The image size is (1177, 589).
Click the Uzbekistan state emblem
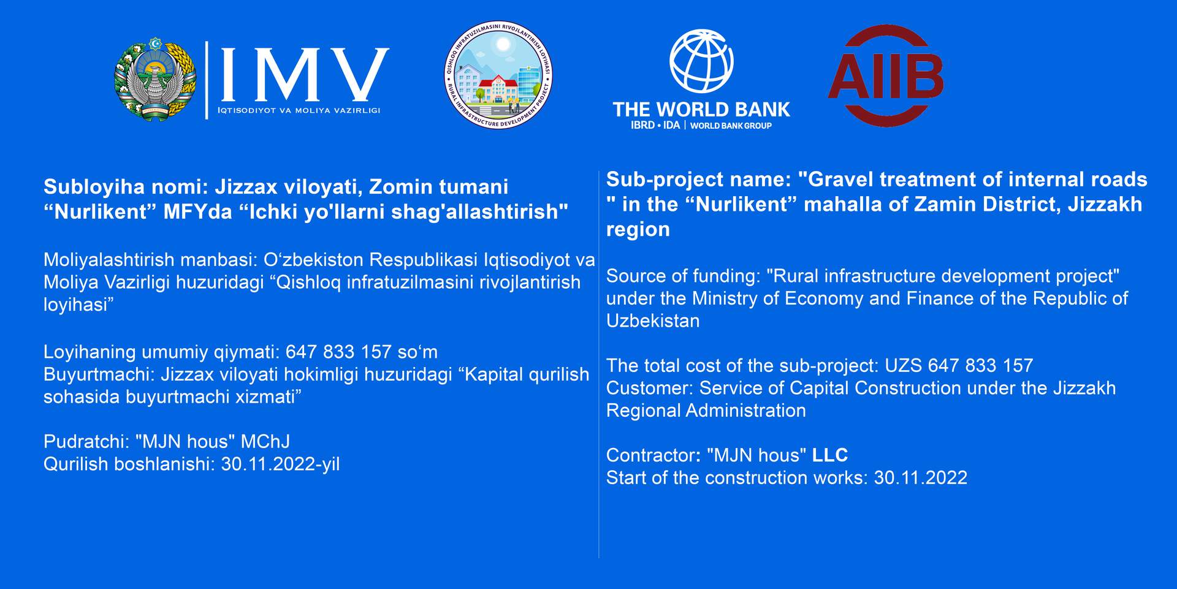[156, 79]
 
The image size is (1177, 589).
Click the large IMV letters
[304, 74]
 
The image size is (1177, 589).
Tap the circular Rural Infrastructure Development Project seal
[498, 74]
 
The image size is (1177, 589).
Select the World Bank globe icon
[701, 61]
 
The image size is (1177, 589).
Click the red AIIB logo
[886, 75]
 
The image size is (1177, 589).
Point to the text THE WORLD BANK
[701, 109]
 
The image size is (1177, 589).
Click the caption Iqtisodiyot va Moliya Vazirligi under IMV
[299, 110]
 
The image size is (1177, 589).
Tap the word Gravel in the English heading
[837, 179]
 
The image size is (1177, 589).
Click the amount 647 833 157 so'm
[362, 352]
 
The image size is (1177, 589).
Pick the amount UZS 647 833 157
[959, 365]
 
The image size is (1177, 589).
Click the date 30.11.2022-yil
[280, 464]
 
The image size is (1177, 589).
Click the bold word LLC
[830, 455]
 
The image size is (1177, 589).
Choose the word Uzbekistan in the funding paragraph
[653, 321]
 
